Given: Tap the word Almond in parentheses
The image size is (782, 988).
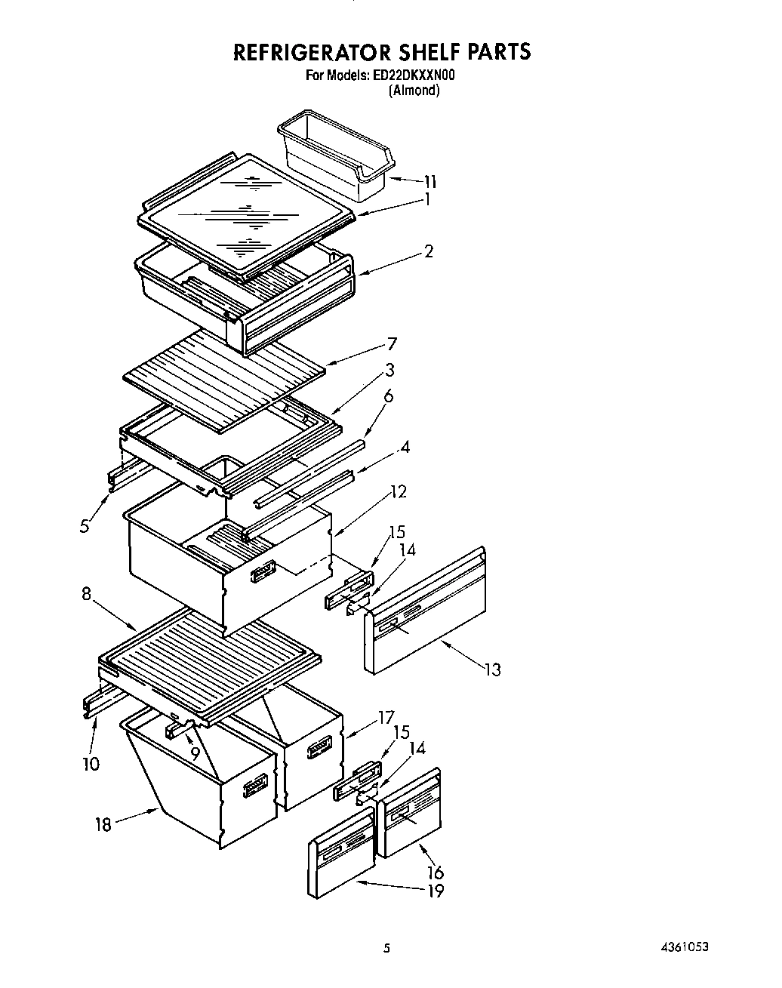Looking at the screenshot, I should pos(414,91).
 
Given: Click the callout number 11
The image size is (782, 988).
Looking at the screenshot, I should pos(429,181).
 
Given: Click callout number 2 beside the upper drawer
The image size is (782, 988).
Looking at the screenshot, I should pos(428,251).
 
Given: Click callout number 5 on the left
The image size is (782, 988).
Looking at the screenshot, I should pos(85,526).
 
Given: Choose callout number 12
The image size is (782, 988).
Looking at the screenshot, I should pos(398,492).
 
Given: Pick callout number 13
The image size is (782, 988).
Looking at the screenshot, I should pos(492,669).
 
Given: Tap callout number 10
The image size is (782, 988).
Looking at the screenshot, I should pos(90,764).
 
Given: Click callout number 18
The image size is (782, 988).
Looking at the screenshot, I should pos(103,824).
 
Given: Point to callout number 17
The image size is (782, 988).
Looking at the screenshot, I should pos(386,717).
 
